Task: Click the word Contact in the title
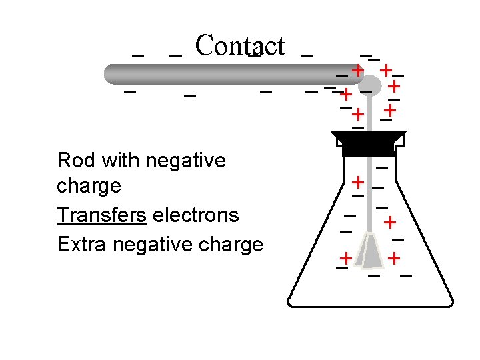pyautogui.click(x=240, y=45)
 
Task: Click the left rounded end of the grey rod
pyautogui.click(x=113, y=73)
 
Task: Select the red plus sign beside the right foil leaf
pyautogui.click(x=395, y=257)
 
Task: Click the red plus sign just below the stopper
pyautogui.click(x=358, y=181)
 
